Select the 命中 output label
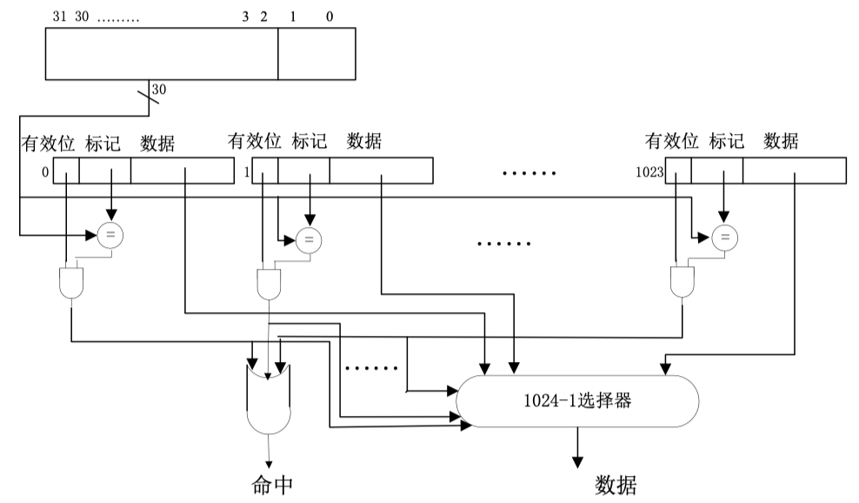point(269,484)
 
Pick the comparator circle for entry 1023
point(723,236)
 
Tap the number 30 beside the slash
point(159,89)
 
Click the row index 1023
point(649,172)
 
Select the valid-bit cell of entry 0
point(66,171)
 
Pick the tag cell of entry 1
point(303,171)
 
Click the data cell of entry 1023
point(794,171)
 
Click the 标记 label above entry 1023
point(727,140)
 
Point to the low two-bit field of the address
point(316,53)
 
